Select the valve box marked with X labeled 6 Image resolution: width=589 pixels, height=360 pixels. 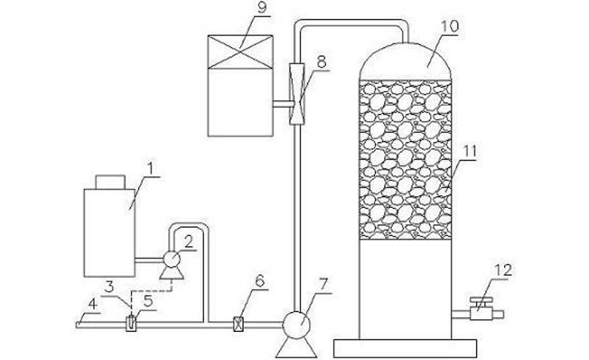tap(238, 324)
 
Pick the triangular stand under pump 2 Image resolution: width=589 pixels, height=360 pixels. tap(171, 274)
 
